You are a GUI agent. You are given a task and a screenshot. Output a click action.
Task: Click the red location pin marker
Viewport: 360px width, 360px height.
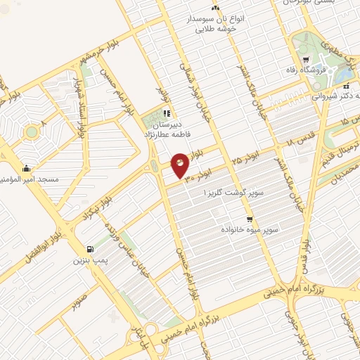click(181, 165)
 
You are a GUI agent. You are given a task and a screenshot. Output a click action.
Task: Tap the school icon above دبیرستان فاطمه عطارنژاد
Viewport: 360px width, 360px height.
click(166, 112)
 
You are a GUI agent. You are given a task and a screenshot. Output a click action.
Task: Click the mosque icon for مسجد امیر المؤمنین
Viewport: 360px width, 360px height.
click(26, 168)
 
